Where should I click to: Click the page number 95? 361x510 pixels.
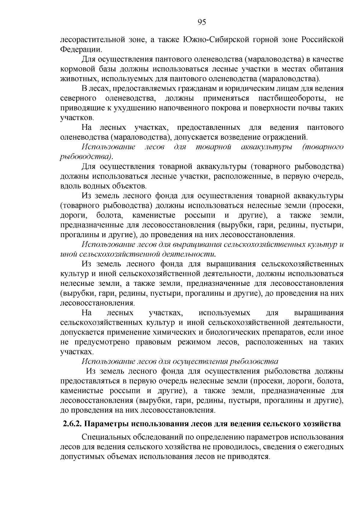[x=202, y=22]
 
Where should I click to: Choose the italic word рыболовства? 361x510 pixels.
[x=255, y=361]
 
